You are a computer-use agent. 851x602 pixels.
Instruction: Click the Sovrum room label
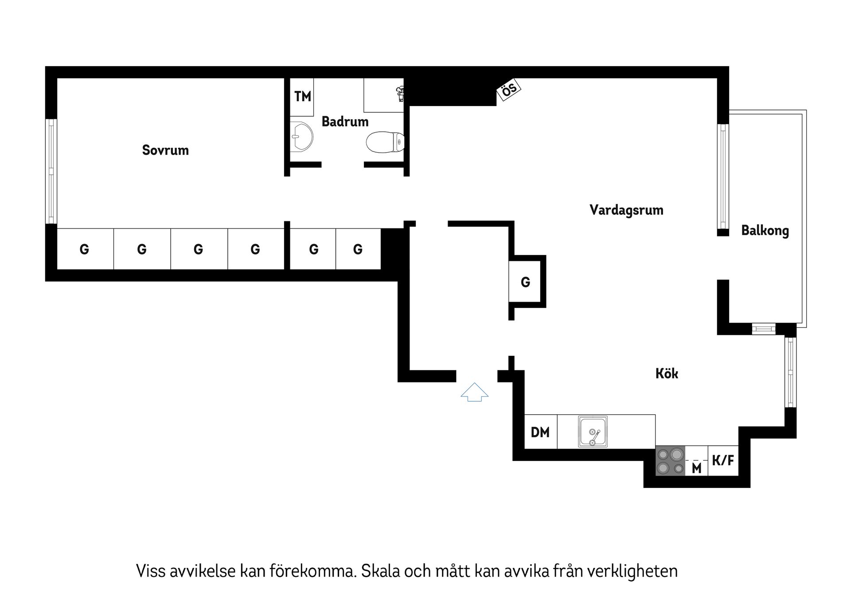point(165,150)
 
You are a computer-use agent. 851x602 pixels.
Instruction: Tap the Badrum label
point(345,122)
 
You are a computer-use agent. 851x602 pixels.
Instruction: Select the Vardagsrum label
point(626,210)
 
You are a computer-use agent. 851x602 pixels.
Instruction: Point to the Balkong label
point(765,231)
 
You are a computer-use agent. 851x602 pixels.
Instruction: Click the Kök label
point(667,374)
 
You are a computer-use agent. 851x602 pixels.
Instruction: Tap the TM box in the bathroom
point(302,97)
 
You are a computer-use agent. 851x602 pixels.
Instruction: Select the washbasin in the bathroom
point(301,137)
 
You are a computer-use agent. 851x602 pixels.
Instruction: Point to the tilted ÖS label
point(509,90)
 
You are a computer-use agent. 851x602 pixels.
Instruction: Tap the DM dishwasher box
point(540,432)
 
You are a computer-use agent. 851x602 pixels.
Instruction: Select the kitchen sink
point(593,432)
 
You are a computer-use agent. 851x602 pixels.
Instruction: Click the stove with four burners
point(670,461)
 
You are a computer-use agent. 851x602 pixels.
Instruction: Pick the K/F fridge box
point(723,460)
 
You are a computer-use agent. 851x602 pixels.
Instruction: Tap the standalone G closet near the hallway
point(525,282)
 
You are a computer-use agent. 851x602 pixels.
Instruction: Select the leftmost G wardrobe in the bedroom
point(85,249)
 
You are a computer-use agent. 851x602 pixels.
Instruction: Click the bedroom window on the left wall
point(51,171)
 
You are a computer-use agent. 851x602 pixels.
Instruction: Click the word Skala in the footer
point(378,571)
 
